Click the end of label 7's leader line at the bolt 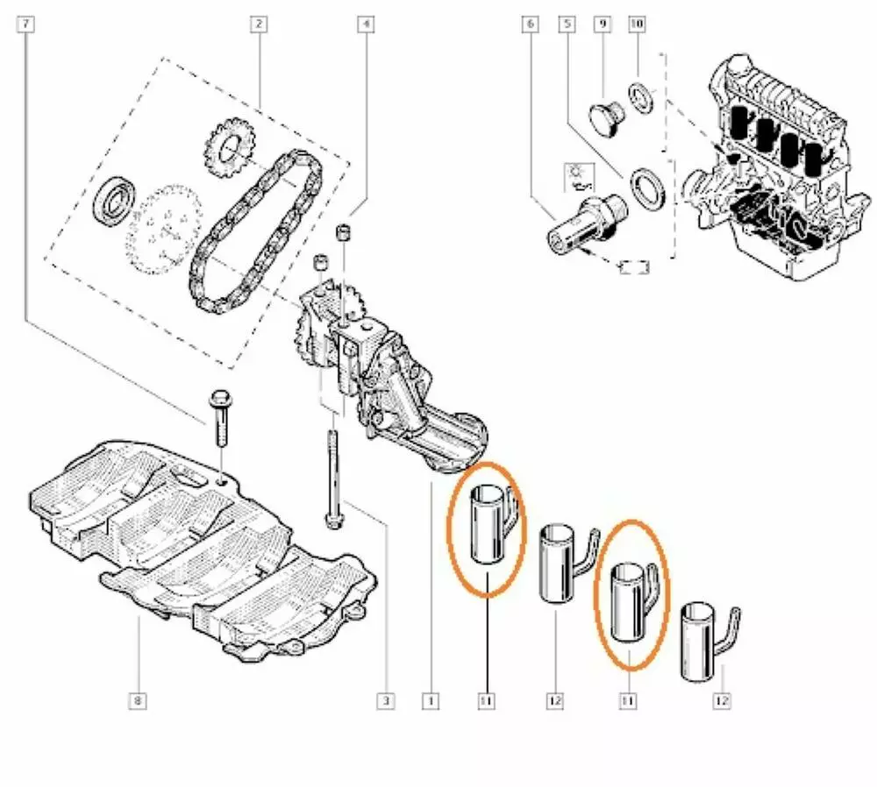pos(204,423)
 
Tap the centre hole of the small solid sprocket pos(229,149)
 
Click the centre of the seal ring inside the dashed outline pos(115,200)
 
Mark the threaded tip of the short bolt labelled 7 pos(222,444)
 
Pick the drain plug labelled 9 pos(606,117)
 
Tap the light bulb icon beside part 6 pos(579,177)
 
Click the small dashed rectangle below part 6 pos(635,267)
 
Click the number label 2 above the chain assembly pos(259,24)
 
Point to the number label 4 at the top pos(366,24)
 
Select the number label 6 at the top pos(531,24)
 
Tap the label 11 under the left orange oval pos(486,700)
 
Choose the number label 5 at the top pos(567,24)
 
